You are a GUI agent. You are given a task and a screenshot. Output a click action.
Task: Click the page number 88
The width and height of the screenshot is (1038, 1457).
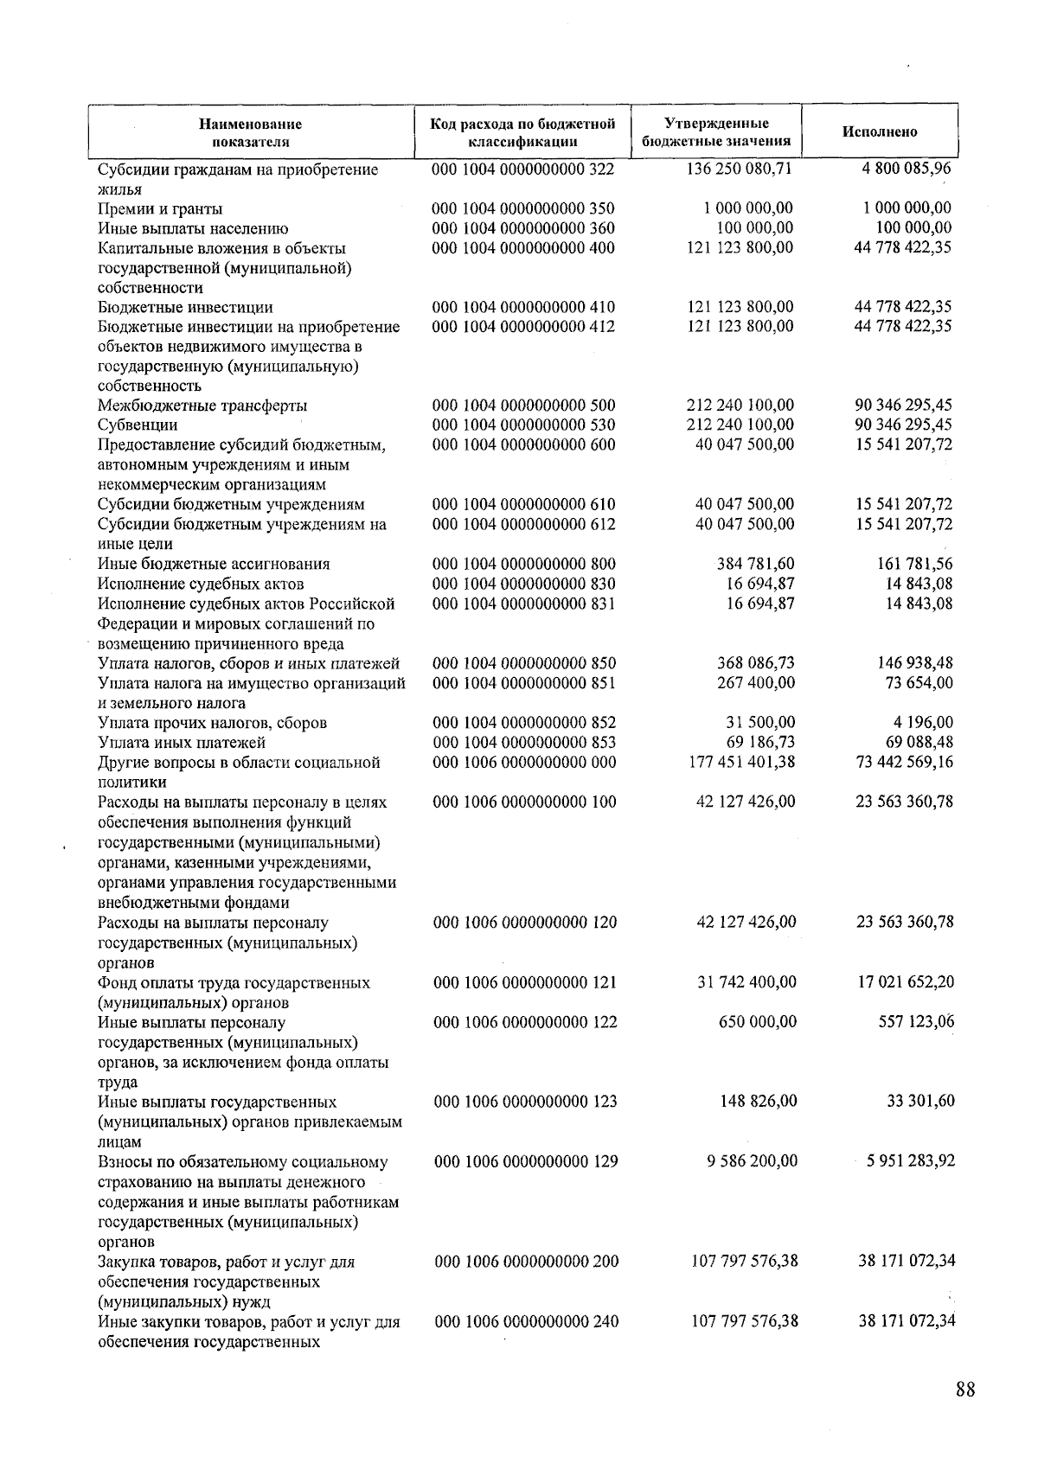965,1389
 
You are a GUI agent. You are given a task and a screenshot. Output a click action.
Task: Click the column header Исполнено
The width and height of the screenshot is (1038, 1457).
880,132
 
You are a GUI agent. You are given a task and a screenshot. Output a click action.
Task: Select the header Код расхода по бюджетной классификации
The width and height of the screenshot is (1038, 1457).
522,132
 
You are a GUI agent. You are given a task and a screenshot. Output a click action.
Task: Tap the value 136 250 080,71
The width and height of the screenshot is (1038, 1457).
739,169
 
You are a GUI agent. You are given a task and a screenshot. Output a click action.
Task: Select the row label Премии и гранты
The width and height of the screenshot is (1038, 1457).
160,209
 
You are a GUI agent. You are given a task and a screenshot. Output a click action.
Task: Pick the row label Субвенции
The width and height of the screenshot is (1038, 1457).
138,425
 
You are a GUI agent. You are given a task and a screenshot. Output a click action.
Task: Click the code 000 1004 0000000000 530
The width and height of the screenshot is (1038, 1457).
523,425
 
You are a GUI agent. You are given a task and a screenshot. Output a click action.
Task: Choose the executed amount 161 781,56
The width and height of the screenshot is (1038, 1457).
915,564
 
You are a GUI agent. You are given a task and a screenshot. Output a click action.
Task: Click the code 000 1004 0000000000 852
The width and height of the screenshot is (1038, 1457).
524,722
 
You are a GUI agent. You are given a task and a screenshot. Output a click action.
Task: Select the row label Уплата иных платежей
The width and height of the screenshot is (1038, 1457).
182,743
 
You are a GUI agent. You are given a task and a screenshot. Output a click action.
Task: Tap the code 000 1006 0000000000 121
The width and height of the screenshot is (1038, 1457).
525,982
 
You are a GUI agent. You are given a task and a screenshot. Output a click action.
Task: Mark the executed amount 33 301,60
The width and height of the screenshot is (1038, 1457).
922,1102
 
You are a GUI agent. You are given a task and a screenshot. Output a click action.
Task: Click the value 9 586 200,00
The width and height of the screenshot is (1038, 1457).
752,1161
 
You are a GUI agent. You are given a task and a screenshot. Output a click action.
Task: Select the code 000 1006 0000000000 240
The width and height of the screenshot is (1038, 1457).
526,1321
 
